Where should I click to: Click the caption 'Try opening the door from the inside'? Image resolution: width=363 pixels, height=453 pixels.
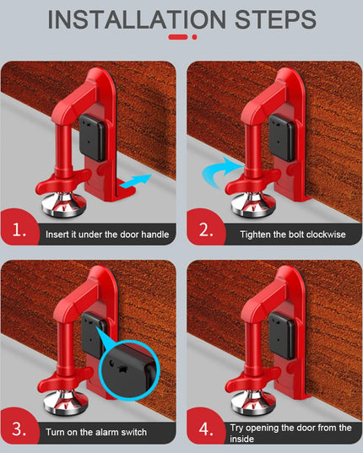pyautogui.click(x=290, y=433)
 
